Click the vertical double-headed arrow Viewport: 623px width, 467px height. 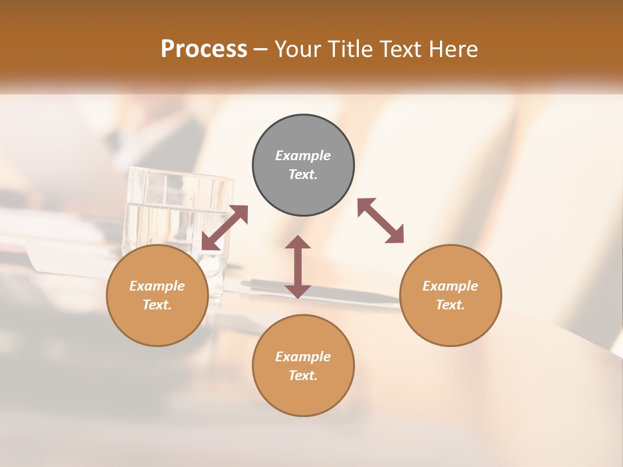click(x=298, y=267)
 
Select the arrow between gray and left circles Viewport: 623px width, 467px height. click(x=225, y=227)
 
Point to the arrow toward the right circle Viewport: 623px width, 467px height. click(x=381, y=221)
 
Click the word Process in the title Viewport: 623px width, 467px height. click(x=204, y=49)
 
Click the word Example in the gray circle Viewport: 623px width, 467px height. click(x=303, y=156)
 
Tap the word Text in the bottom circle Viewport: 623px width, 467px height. click(x=303, y=376)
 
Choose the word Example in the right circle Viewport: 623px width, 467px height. click(x=450, y=286)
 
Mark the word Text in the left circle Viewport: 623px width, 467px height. click(x=157, y=305)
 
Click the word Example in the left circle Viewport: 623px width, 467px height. click(x=157, y=286)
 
